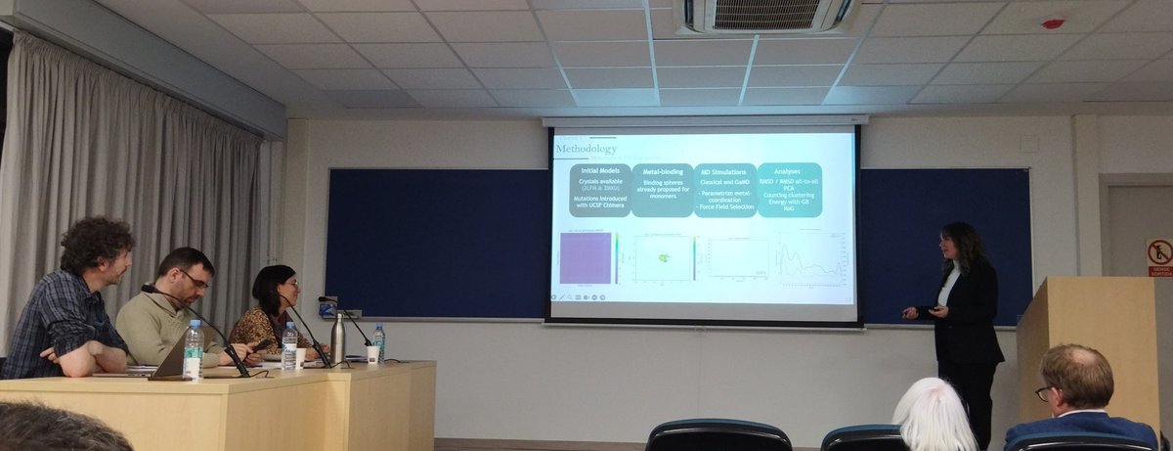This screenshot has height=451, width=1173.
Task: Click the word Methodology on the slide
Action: point(586,150)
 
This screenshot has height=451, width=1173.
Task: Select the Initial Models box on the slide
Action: point(599,190)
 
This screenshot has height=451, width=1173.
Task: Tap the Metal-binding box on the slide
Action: point(662,190)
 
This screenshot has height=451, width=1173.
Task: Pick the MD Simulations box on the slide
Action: point(724,190)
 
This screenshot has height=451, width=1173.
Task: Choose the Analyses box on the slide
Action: point(789,190)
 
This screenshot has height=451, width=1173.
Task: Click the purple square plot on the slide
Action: point(586,257)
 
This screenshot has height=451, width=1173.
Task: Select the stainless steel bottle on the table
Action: point(337,338)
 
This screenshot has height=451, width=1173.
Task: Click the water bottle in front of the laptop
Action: point(194,349)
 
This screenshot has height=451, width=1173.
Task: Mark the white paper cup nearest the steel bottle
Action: point(373,354)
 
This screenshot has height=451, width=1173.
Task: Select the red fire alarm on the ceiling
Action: point(1053,23)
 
